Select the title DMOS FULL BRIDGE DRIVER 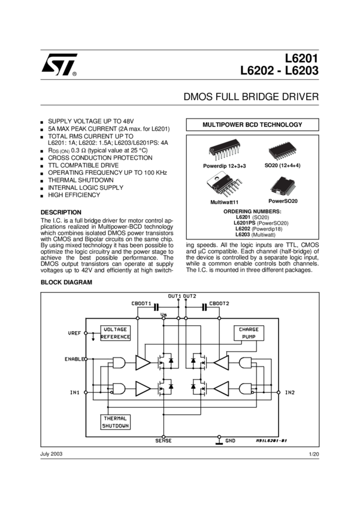pos(250,96)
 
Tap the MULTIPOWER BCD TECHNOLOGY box pos(252,125)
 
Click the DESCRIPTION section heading pos(60,213)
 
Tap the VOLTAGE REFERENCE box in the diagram pos(115,333)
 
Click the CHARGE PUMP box pos(249,333)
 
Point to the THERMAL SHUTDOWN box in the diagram pos(115,422)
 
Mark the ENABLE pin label pos(73,359)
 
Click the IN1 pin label pos(75,393)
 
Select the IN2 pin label pos(289,393)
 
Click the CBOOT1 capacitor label pos(141,304)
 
